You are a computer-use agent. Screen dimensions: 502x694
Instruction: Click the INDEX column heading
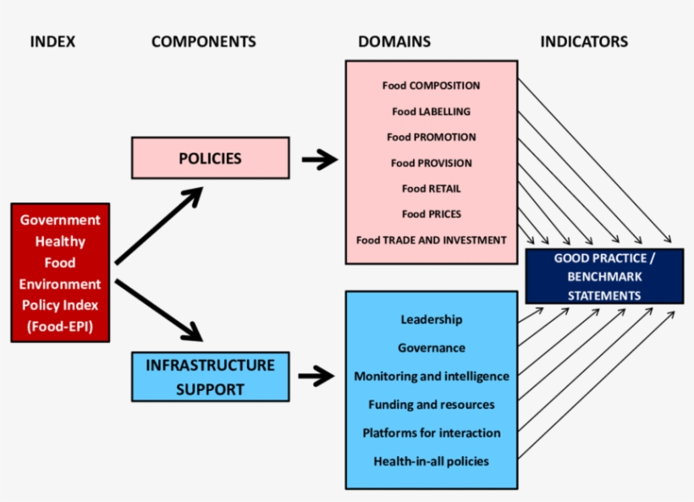click(x=52, y=41)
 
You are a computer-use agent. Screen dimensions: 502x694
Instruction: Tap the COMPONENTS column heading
click(x=203, y=41)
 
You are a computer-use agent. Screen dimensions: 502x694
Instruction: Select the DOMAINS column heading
click(x=394, y=41)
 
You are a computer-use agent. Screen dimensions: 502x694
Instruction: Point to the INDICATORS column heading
click(x=584, y=41)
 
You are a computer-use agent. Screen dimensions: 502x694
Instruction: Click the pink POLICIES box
click(x=210, y=158)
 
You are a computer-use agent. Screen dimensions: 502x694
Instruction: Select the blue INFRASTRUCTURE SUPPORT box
click(x=210, y=377)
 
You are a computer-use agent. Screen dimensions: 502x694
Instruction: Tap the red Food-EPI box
click(x=60, y=273)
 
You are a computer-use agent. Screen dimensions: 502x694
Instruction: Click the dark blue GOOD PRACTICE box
click(x=604, y=277)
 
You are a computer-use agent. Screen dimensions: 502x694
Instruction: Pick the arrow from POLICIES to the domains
click(x=319, y=159)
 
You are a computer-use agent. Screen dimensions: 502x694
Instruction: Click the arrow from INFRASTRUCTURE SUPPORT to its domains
click(x=316, y=377)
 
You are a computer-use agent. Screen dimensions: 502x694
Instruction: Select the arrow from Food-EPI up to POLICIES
click(x=159, y=225)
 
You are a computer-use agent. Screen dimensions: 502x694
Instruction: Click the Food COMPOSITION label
click(x=431, y=86)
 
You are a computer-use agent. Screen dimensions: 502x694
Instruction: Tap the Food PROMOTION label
click(x=431, y=137)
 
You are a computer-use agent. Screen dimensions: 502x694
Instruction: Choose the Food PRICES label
click(x=431, y=214)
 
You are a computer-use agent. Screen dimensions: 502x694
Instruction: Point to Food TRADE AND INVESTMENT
click(x=431, y=240)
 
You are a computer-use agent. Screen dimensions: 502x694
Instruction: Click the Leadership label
click(x=431, y=319)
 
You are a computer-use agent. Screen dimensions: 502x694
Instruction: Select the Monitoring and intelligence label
click(x=431, y=376)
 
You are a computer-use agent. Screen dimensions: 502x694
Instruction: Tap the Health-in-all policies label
click(x=431, y=461)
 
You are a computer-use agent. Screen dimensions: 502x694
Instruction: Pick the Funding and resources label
click(x=431, y=405)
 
